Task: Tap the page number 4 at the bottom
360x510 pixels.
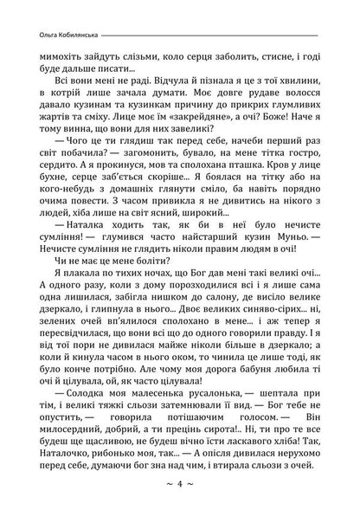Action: tap(179, 481)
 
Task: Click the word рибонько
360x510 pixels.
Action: tap(144, 437)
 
